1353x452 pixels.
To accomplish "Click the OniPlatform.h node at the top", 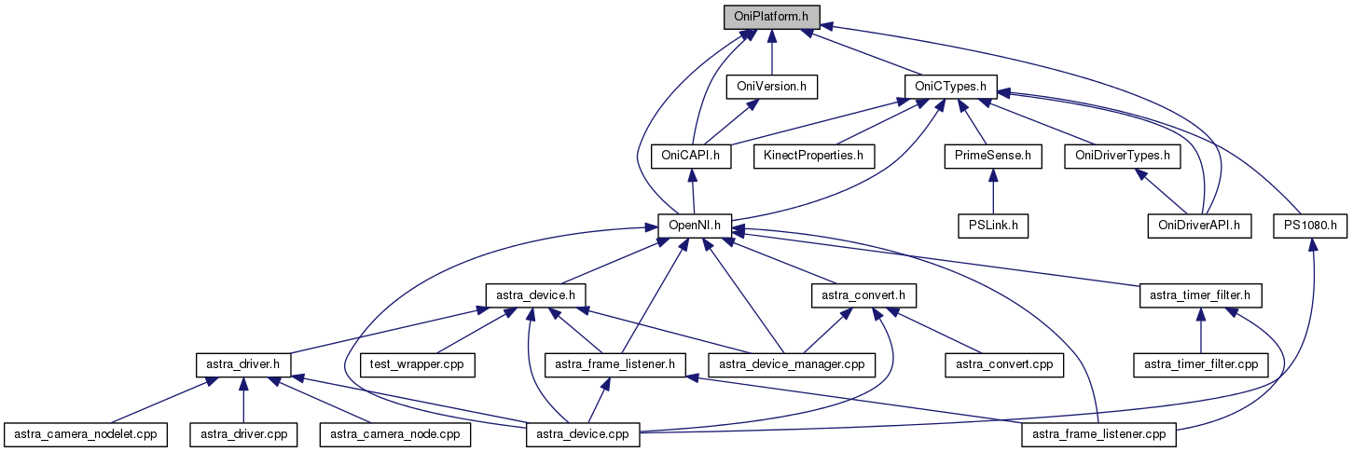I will [772, 16].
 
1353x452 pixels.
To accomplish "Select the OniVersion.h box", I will [771, 87].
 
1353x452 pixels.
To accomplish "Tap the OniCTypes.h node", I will [951, 87].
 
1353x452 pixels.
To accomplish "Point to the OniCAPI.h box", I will [692, 155].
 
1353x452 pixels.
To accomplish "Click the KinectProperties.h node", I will [814, 155].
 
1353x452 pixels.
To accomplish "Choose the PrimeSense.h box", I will [992, 155].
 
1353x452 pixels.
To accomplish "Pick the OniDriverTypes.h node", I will [1122, 155].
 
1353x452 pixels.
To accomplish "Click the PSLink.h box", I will [992, 225].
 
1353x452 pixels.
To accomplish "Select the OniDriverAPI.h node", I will [1199, 225].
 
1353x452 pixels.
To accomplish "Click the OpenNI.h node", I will [694, 225].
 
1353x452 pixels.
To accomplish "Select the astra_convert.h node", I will [863, 295].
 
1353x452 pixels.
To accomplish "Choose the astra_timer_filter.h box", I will [1200, 295].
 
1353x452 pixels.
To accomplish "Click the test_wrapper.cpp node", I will [417, 364].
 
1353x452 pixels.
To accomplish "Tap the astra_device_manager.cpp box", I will [793, 364].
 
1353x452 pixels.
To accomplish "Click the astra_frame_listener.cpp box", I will [1099, 434].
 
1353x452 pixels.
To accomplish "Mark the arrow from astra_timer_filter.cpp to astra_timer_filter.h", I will [1200, 330].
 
